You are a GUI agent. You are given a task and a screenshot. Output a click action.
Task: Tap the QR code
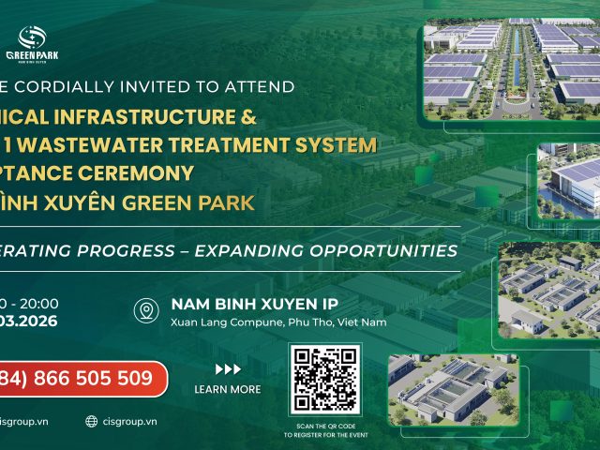(325, 380)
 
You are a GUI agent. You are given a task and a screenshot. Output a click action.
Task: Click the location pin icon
(145, 311)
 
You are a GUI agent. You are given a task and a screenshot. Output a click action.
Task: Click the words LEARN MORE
(228, 389)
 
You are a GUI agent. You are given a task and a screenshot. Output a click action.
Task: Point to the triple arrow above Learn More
(228, 368)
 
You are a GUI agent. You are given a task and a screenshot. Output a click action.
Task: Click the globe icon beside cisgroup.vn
(92, 422)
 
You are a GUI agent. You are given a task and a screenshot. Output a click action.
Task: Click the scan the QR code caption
(325, 430)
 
